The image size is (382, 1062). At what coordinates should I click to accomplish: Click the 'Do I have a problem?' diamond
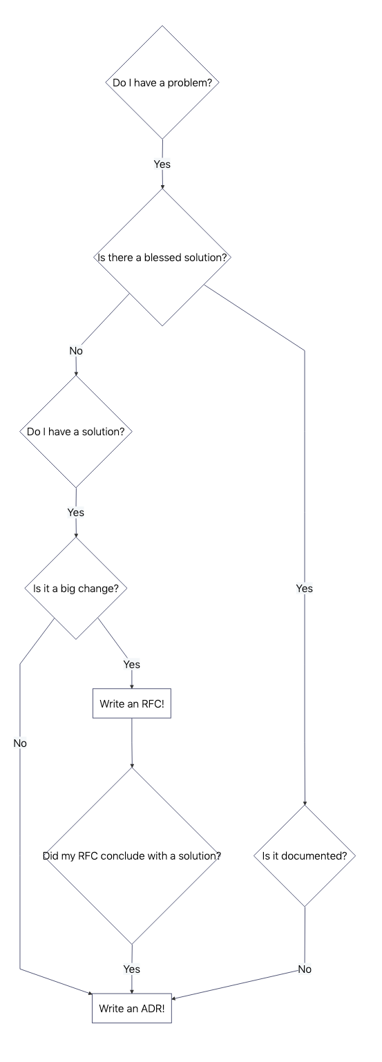(x=162, y=82)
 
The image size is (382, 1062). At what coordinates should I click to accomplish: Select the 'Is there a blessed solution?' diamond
(x=162, y=257)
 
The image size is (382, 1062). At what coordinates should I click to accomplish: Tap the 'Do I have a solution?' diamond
(x=75, y=431)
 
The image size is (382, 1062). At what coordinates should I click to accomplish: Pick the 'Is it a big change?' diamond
(x=75, y=589)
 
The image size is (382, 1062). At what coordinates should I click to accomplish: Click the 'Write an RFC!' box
(x=131, y=704)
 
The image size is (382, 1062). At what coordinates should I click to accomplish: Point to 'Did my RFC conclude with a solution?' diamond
(x=131, y=855)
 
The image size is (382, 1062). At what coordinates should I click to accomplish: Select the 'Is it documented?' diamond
(x=304, y=855)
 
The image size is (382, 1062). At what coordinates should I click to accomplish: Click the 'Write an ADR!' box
(x=131, y=1009)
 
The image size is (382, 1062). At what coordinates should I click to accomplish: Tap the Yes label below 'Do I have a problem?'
(x=162, y=164)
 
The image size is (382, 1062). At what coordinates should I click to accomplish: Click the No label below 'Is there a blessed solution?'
(x=76, y=351)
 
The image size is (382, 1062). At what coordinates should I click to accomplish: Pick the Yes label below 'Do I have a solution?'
(x=75, y=513)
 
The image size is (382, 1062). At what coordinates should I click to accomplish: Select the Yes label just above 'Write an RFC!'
(x=131, y=664)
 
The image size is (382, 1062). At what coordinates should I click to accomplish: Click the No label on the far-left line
(x=20, y=743)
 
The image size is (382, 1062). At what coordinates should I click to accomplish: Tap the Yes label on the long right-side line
(x=304, y=589)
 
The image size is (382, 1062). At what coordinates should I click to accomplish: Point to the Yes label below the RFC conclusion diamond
(x=131, y=969)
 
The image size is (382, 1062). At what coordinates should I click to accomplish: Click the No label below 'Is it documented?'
(x=305, y=969)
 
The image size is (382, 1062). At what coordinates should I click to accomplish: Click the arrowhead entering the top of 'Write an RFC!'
(x=131, y=687)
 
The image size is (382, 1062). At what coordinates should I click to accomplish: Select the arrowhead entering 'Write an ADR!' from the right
(x=174, y=998)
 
